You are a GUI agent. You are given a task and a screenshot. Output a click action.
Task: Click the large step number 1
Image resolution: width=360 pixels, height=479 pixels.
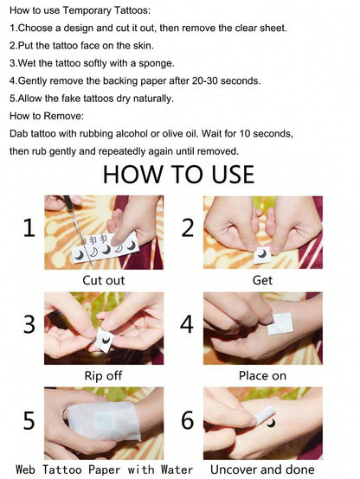[29, 228]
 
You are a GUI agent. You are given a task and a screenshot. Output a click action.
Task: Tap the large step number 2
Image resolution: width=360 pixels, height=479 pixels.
[188, 228]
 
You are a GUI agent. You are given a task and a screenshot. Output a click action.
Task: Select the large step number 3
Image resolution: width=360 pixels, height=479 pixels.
[29, 324]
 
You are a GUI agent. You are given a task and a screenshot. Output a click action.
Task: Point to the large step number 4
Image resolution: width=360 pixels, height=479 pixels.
[187, 324]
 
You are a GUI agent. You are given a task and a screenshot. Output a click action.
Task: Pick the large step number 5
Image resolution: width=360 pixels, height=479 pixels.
[29, 420]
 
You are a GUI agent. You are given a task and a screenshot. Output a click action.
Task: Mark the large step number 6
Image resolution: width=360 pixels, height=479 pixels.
[188, 420]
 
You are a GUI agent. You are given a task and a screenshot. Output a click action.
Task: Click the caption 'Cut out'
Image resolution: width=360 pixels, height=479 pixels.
[103, 280]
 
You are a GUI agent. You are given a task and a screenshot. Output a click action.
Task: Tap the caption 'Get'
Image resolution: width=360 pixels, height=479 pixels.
[262, 280]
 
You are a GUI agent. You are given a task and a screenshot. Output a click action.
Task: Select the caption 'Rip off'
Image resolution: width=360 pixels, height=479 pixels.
[103, 375]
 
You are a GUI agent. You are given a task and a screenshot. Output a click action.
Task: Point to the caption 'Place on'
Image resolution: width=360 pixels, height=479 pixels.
[262, 376]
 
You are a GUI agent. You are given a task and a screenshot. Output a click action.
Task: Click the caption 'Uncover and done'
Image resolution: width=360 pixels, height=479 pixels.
[262, 469]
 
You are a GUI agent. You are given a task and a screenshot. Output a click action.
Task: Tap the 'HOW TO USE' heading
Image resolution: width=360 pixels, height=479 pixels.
[178, 174]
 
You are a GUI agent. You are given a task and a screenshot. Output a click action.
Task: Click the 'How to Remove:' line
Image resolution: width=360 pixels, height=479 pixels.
[47, 116]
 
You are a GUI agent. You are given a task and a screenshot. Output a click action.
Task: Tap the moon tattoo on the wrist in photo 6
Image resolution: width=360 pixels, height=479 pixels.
[271, 423]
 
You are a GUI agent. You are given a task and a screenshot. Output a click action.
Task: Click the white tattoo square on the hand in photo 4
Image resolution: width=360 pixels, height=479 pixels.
[280, 323]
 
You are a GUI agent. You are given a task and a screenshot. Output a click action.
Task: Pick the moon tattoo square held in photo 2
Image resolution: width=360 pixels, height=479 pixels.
[262, 254]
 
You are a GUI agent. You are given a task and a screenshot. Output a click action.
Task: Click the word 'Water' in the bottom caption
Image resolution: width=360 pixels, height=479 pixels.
[177, 469]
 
